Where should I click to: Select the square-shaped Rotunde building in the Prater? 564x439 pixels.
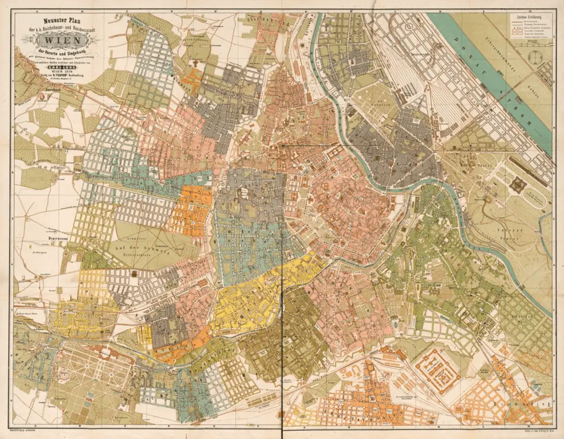(x=517, y=185)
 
